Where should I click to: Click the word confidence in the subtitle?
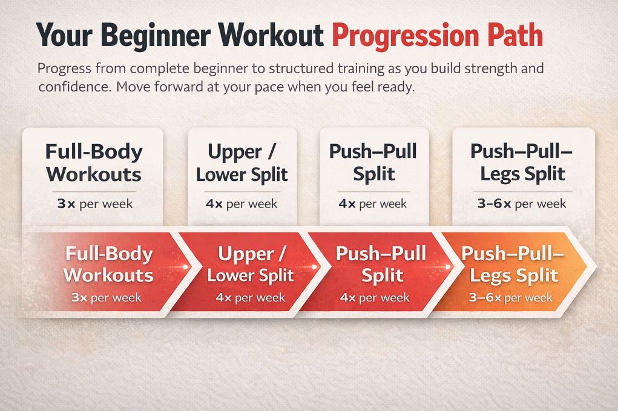73,86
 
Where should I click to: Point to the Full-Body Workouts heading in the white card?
94,162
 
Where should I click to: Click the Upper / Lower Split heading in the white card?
242,162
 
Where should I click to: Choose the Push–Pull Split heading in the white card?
373,162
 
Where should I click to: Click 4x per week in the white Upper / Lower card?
242,203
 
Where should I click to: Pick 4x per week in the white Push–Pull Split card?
373,203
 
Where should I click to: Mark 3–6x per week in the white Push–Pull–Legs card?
522,203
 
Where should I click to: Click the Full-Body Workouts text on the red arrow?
108,264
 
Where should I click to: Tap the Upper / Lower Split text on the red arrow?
250,264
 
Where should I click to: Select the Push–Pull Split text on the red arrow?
381,264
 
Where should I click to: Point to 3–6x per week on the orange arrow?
510,297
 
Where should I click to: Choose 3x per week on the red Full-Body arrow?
106,297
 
